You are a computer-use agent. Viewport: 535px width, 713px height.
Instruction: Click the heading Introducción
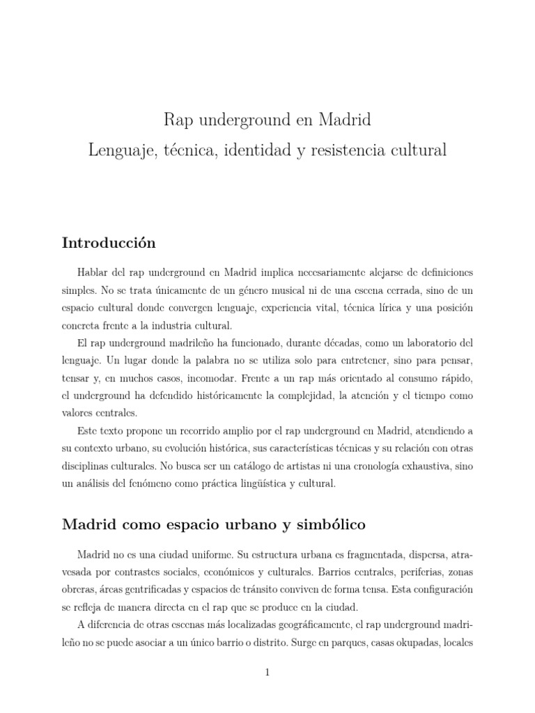tap(109, 243)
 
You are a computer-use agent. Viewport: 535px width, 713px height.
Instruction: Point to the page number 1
tap(267, 671)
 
